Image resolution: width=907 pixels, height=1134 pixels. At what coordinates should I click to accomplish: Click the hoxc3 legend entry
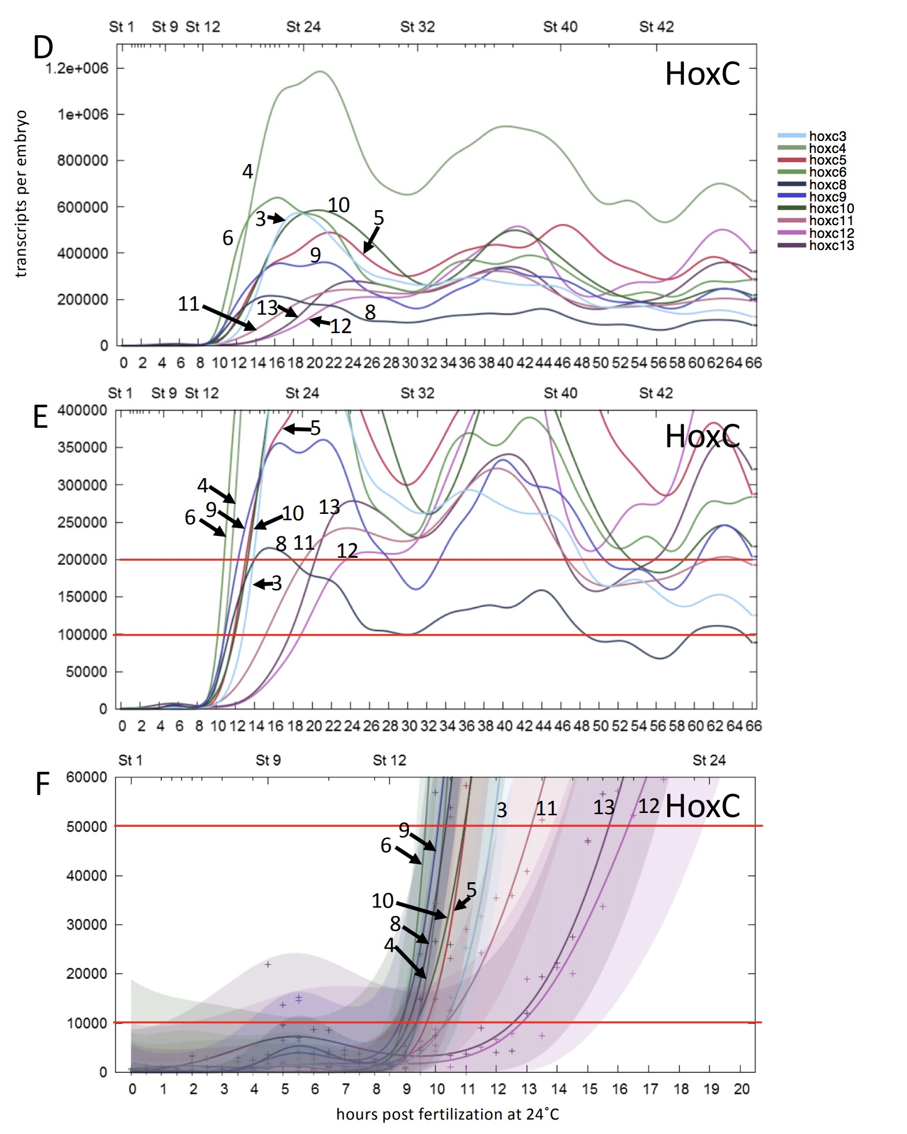827,136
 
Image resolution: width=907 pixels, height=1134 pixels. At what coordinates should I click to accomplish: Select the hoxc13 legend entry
831,245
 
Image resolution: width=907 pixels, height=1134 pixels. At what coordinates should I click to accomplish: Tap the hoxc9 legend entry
827,197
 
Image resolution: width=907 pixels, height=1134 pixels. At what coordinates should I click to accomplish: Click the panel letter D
43,48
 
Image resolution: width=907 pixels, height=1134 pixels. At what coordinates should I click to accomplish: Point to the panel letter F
42,784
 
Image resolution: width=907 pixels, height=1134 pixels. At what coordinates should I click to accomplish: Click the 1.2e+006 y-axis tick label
77,68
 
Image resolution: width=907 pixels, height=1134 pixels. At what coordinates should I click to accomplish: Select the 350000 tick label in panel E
82,447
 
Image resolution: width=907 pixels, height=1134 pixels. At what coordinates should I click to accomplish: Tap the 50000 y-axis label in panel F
87,826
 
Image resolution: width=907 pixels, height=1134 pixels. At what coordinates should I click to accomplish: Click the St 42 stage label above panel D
656,27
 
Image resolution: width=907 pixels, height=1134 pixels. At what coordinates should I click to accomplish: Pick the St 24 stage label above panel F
709,760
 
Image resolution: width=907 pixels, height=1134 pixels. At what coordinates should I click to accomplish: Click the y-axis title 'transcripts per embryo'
21,194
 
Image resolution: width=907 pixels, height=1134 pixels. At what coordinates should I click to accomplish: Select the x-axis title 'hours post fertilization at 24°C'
448,1114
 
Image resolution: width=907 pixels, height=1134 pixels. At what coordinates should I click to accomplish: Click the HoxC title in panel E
702,436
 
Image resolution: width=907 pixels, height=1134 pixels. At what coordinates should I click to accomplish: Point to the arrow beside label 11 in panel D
229,317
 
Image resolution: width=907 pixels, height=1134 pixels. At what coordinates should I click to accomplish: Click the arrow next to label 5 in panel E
296,428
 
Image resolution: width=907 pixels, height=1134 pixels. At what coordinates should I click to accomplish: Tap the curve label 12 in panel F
649,806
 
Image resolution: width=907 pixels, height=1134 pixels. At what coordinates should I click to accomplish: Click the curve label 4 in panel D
247,171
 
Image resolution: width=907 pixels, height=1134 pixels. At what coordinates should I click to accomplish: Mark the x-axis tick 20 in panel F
741,1089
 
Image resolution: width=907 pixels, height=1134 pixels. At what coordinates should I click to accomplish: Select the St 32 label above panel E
417,393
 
